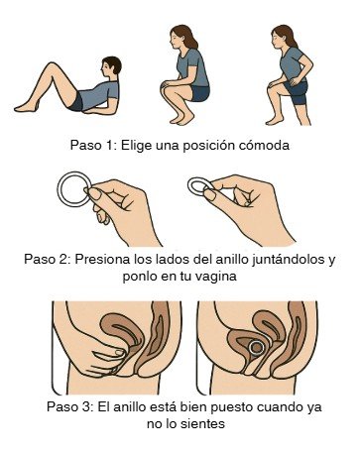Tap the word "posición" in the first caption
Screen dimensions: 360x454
209,146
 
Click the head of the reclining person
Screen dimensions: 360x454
111,66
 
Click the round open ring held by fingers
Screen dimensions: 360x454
59,189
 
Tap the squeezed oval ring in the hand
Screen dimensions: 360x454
189,185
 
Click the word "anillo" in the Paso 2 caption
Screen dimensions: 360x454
231,259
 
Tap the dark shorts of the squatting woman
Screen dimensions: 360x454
200,93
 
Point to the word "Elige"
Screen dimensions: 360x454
134,146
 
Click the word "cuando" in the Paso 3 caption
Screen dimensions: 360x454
280,406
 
